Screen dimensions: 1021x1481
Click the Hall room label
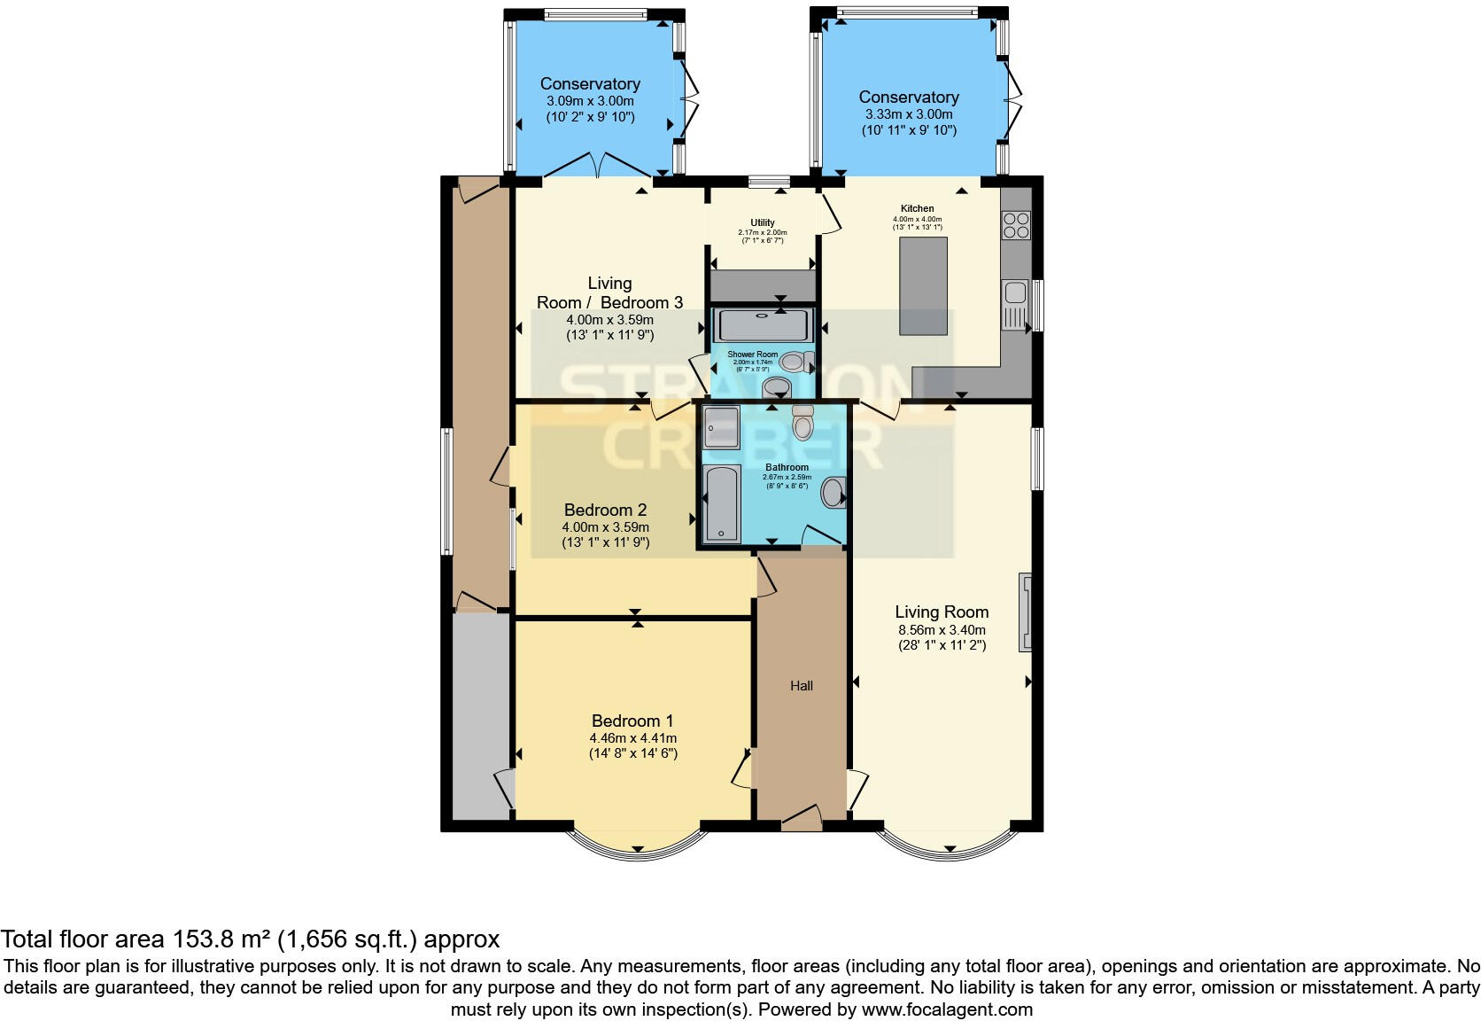pos(801,686)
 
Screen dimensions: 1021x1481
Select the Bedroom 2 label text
pos(605,510)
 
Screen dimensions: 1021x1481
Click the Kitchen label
pos(917,208)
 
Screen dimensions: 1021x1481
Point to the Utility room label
pos(762,222)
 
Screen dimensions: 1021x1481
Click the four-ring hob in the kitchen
pos(1016,223)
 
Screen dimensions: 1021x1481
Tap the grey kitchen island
pos(922,285)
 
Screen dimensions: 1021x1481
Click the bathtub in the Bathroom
pos(721,503)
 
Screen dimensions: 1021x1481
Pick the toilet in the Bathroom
pos(803,424)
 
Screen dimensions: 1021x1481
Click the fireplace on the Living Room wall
pos(1026,612)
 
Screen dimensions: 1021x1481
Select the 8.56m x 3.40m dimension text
pos(941,630)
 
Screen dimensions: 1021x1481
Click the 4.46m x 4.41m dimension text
pos(632,738)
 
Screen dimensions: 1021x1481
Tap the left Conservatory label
pos(590,83)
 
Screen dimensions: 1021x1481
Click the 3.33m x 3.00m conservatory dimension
pos(909,114)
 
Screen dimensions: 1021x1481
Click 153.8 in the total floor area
pos(214,939)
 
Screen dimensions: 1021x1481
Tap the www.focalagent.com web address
pos(946,1009)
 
